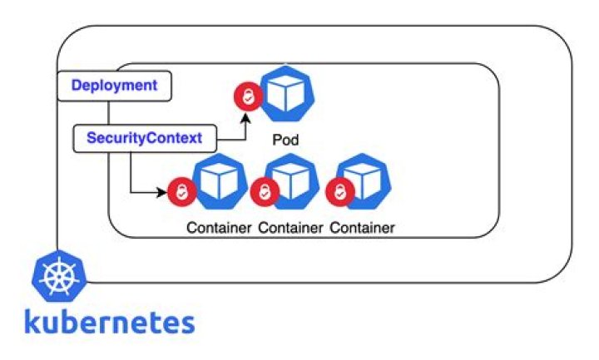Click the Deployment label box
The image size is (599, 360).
pos(114,86)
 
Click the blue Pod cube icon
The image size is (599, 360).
pos(286,95)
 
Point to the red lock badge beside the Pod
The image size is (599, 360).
pos(247,98)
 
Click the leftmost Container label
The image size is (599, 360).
pos(219,227)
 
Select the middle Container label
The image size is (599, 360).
pos(290,227)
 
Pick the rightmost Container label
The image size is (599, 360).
pos(362,227)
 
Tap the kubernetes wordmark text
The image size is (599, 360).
pos(110,321)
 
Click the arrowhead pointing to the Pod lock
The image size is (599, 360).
pos(247,117)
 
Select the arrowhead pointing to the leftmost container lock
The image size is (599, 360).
pos(162,193)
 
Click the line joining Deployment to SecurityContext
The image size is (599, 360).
pos(108,113)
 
